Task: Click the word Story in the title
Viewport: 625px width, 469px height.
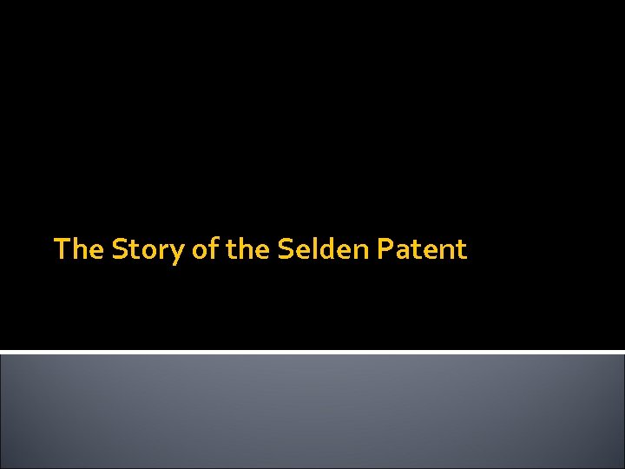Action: [148, 250]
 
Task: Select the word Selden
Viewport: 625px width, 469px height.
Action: [324, 250]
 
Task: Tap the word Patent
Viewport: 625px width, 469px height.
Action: [423, 250]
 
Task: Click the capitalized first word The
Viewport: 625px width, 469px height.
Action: [79, 250]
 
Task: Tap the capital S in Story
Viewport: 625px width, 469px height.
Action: [119, 250]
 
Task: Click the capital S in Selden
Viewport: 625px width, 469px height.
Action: [286, 250]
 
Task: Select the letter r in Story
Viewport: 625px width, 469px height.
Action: [164, 252]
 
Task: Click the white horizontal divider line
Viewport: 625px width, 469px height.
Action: [312, 352]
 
